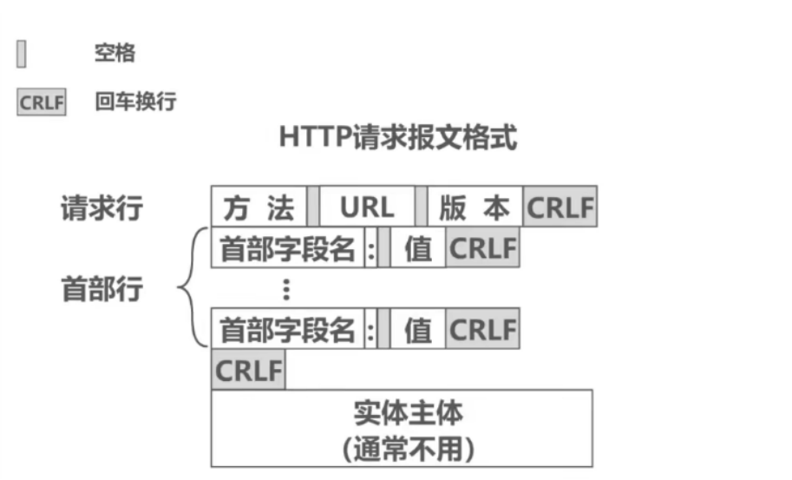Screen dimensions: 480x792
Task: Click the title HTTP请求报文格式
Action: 398,138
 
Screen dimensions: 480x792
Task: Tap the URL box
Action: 366,207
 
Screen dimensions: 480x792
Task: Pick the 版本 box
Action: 475,207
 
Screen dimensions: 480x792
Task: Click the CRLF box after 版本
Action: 560,207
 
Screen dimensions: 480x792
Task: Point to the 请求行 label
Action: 101,208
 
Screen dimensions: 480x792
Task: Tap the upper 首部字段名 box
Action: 288,249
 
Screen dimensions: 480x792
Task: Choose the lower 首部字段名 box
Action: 288,330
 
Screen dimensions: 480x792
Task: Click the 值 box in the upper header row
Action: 418,249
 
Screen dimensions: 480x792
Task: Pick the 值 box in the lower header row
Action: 418,330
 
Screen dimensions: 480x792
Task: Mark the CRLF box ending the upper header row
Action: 482,249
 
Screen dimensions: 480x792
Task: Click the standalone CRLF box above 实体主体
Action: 248,371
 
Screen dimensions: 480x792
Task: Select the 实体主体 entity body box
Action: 402,428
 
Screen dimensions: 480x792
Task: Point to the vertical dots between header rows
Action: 286,289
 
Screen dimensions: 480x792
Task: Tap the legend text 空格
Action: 115,54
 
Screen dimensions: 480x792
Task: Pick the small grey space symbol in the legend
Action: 22,55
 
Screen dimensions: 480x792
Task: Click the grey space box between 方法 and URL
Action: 313,207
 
